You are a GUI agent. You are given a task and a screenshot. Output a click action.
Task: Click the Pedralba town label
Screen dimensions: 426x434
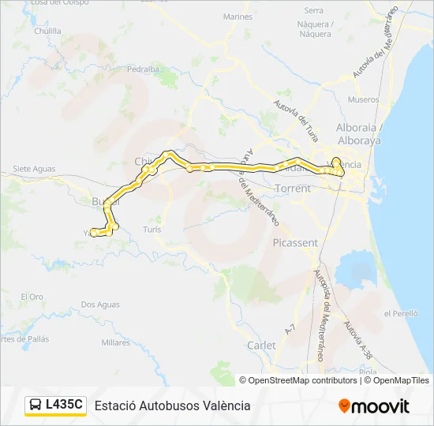pos(143,69)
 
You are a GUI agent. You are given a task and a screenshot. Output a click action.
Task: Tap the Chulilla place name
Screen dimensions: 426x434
pos(47,31)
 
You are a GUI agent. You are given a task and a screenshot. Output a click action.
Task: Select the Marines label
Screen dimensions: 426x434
pos(238,17)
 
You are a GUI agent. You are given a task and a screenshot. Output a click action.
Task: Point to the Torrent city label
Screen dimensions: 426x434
pos(294,189)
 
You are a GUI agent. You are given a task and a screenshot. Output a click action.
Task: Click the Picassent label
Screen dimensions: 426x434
pos(294,243)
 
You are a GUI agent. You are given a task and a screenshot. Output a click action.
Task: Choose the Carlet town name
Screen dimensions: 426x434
pos(261,346)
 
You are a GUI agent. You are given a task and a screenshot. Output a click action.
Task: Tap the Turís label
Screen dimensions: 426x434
pos(152,229)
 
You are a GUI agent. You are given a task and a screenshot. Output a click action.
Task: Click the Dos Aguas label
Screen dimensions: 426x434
pos(99,305)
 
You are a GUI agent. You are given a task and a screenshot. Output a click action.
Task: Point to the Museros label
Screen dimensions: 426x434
pos(363,100)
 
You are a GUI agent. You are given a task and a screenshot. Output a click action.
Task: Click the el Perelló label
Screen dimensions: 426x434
pos(400,313)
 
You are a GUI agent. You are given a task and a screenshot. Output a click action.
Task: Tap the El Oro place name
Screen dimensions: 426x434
pos(32,297)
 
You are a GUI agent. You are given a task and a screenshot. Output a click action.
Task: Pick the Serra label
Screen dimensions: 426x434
pos(314,10)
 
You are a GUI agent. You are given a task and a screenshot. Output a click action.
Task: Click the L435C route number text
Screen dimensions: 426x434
pos(64,405)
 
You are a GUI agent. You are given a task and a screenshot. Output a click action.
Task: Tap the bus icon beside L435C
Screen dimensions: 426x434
pos(36,405)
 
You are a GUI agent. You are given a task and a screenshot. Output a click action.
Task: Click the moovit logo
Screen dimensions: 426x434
pos(374,406)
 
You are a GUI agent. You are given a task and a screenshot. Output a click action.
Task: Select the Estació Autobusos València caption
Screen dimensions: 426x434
pos(172,405)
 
